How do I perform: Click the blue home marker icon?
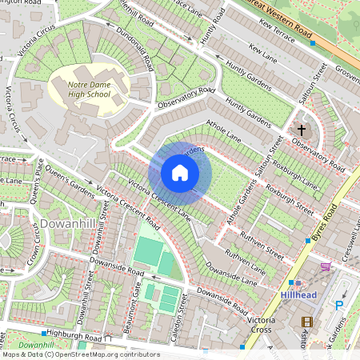pos(180,173)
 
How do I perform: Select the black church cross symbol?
pos(302,129)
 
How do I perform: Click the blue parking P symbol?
pos(338,305)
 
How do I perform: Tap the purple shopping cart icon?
pos(325,266)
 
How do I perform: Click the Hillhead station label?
pos(300,295)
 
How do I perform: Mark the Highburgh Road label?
pos(76,338)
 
